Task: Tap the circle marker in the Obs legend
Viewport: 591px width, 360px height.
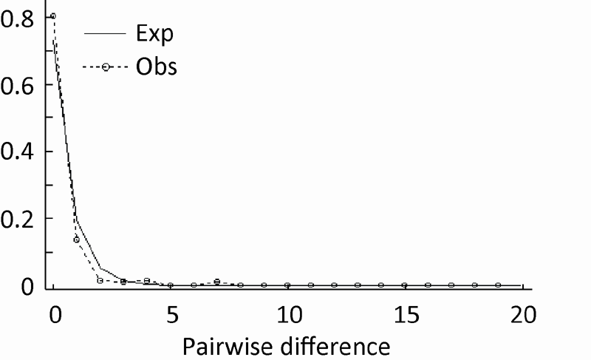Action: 106,67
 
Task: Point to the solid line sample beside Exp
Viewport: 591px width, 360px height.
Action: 106,33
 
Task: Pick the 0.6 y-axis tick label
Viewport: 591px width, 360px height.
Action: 15,84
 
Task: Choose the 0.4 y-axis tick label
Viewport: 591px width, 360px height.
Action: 15,152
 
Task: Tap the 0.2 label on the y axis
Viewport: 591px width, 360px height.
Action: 15,219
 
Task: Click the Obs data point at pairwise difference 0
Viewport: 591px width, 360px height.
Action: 53,16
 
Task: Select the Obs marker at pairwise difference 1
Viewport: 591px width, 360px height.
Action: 76,240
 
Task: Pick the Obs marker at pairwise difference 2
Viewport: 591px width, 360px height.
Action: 100,280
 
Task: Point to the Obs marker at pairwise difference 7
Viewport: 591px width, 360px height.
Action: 217,282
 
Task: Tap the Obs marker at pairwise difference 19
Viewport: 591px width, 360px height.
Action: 498,285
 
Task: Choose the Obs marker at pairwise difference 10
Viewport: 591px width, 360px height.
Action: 287,285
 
